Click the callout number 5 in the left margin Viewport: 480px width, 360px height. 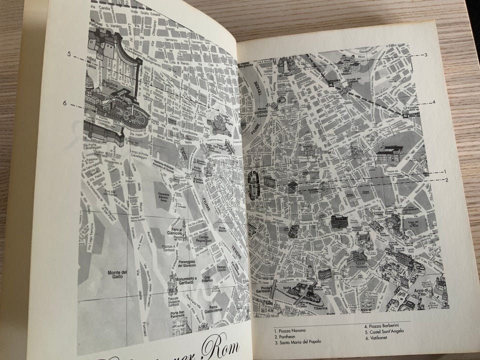pos(71,53)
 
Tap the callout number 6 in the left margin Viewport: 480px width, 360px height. pos(64,103)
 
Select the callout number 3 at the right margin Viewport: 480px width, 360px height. pos(424,54)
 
